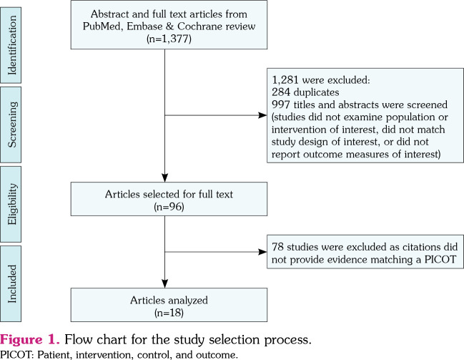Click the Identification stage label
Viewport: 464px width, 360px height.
tap(12, 45)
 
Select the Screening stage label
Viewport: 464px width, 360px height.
tap(12, 125)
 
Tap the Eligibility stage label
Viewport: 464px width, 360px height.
tap(12, 204)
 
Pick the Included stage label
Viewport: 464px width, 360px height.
tap(12, 283)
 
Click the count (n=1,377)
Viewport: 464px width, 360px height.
tap(169, 39)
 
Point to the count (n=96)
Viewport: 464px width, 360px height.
tap(169, 207)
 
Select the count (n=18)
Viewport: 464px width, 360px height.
tap(169, 313)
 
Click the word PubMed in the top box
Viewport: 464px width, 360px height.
tap(102, 26)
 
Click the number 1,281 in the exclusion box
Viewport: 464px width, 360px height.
tap(285, 80)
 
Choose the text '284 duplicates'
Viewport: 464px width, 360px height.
tap(305, 92)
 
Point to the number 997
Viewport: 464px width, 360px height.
tap(281, 104)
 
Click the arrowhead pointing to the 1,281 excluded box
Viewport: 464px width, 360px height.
tap(262, 115)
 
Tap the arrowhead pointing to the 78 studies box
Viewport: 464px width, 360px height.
tap(262, 252)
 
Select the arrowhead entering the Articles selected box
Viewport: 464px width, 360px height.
tap(165, 177)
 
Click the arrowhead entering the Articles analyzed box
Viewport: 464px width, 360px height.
tap(165, 283)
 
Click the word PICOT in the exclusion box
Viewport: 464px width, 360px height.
tap(440, 260)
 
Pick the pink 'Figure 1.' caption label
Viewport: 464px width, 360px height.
tap(30, 339)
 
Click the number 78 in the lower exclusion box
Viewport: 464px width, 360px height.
tap(278, 247)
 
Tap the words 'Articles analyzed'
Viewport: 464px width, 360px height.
tap(169, 300)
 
